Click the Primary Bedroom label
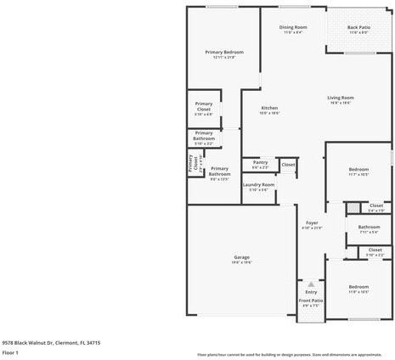click(x=224, y=53)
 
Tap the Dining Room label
click(x=293, y=27)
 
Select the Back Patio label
click(x=358, y=27)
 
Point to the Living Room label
click(x=341, y=98)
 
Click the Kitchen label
click(x=269, y=108)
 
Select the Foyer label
click(x=312, y=222)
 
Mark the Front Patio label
click(x=310, y=300)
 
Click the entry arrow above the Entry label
click(x=311, y=284)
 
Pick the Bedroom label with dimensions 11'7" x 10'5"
click(x=358, y=169)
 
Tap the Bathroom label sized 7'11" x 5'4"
click(x=369, y=227)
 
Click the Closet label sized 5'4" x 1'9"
click(x=375, y=205)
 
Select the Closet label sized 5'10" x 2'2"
click(x=375, y=251)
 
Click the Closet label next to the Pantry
click(x=288, y=164)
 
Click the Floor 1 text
click(x=10, y=352)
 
